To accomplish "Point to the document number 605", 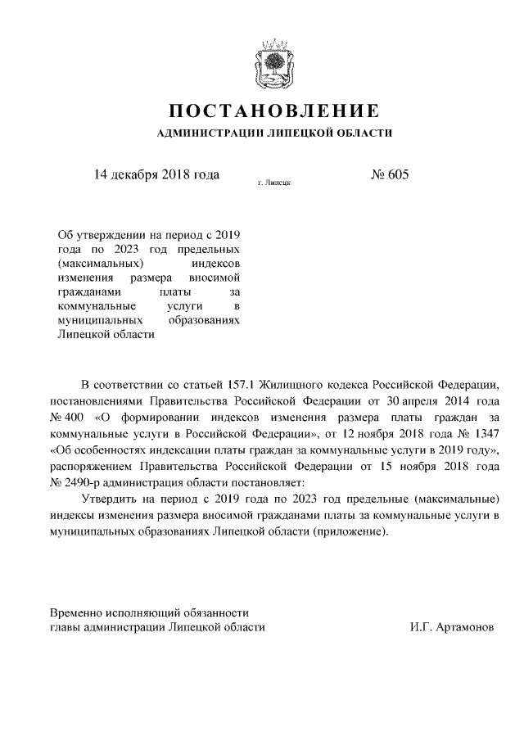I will tap(396, 174).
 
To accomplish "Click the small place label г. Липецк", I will tap(273, 184).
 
